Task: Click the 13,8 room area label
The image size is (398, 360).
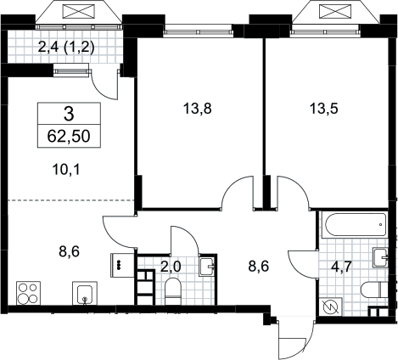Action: (198, 109)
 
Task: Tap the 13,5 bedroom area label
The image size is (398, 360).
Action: (324, 109)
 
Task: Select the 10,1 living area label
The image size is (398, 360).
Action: (66, 170)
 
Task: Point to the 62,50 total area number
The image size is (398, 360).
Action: (69, 137)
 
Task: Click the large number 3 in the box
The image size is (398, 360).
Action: (69, 115)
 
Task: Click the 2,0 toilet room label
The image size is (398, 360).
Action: (171, 267)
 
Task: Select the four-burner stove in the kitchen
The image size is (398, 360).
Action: (28, 293)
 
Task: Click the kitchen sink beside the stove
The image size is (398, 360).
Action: (85, 293)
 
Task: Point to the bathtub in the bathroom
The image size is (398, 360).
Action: (356, 225)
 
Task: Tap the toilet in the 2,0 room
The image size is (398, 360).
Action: (172, 291)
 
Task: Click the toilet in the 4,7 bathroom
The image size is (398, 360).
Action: (374, 290)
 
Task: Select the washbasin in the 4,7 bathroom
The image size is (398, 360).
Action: (381, 257)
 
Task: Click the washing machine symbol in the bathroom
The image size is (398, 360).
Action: (331, 307)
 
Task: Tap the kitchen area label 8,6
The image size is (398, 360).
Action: (70, 251)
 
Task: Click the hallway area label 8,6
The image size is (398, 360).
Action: (258, 267)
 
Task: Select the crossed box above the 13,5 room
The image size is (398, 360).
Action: (334, 12)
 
